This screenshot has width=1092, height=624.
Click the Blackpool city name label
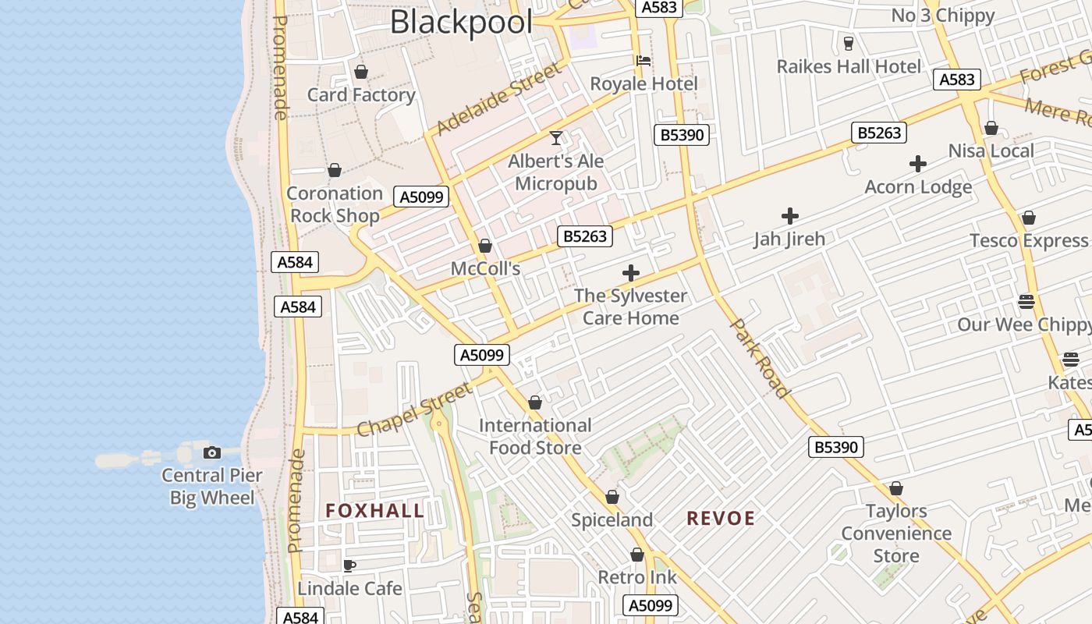tap(461, 22)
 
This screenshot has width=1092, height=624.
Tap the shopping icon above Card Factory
tap(361, 72)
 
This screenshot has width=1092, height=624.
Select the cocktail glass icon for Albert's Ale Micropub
tap(556, 138)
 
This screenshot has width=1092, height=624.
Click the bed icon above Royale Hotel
tap(643, 61)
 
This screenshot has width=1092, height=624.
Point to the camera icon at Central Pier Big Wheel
tap(211, 452)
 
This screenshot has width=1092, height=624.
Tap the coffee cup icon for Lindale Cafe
tap(349, 565)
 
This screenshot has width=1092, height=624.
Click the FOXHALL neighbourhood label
tap(375, 511)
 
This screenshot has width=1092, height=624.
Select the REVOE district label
tap(721, 519)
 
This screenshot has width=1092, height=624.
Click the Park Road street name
tap(760, 359)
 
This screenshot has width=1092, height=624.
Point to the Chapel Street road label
tap(414, 409)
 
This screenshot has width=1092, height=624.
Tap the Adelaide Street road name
tap(498, 100)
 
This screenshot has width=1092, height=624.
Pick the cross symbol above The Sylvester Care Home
tap(631, 273)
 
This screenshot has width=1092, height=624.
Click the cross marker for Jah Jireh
tap(790, 216)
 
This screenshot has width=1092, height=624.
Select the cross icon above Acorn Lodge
tap(918, 164)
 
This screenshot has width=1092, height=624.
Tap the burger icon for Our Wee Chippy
tap(1026, 302)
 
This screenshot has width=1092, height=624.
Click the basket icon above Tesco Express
tap(1029, 218)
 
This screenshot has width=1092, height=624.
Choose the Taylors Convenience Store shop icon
tap(896, 488)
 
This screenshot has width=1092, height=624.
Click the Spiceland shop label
tap(612, 520)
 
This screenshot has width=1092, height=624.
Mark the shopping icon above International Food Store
tap(535, 402)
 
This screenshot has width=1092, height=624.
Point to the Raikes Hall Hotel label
tap(849, 66)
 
